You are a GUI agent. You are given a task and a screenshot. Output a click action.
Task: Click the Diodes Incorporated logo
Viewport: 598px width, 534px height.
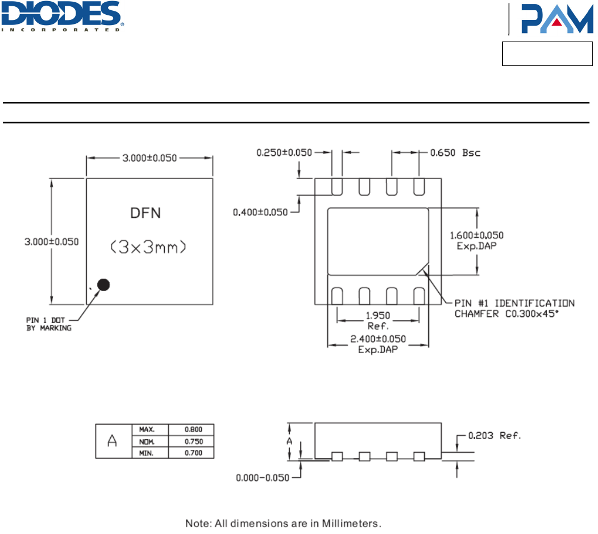pos(63,16)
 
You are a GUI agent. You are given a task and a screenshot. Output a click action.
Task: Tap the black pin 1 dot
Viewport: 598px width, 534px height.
pos(103,285)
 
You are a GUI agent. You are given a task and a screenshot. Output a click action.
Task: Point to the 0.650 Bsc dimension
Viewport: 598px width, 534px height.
pos(455,152)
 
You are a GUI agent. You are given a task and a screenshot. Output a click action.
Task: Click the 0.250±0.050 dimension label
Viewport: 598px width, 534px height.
pos(285,152)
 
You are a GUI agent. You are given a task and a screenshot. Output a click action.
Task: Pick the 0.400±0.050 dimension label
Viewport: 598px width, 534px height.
pos(261,212)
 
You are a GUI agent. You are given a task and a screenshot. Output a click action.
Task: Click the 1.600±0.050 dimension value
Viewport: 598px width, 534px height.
pos(476,235)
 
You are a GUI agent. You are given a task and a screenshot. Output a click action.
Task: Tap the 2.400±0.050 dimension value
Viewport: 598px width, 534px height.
pos(377,339)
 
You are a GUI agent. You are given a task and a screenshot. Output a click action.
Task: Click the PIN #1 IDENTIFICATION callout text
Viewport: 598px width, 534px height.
pos(514,303)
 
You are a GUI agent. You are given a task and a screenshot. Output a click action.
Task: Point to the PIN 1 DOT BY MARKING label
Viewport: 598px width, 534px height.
pos(49,324)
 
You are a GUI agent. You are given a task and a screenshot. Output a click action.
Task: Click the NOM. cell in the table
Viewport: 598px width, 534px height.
pos(146,441)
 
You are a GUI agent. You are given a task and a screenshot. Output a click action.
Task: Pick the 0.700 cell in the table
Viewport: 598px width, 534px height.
pos(193,453)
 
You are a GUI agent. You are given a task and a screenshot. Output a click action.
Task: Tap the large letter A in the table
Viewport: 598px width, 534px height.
pos(112,441)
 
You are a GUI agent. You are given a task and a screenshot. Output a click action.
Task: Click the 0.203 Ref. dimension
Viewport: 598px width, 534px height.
pos(493,436)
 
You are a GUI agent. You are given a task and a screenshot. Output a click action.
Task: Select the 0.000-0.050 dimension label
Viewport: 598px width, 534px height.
pos(262,478)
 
